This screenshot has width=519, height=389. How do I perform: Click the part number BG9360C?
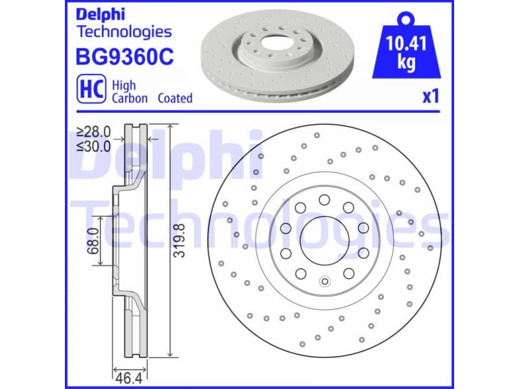[125, 57]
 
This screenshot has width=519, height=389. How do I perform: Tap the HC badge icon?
[90, 91]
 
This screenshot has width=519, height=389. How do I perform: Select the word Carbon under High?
[130, 98]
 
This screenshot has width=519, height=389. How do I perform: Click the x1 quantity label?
[431, 97]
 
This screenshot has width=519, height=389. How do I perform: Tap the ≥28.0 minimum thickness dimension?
[93, 132]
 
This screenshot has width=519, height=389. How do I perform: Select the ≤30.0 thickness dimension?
[93, 146]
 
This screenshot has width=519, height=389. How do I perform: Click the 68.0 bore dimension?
[91, 241]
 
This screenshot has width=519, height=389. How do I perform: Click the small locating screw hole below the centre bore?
[324, 281]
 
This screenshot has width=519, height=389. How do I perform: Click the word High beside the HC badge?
[123, 85]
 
